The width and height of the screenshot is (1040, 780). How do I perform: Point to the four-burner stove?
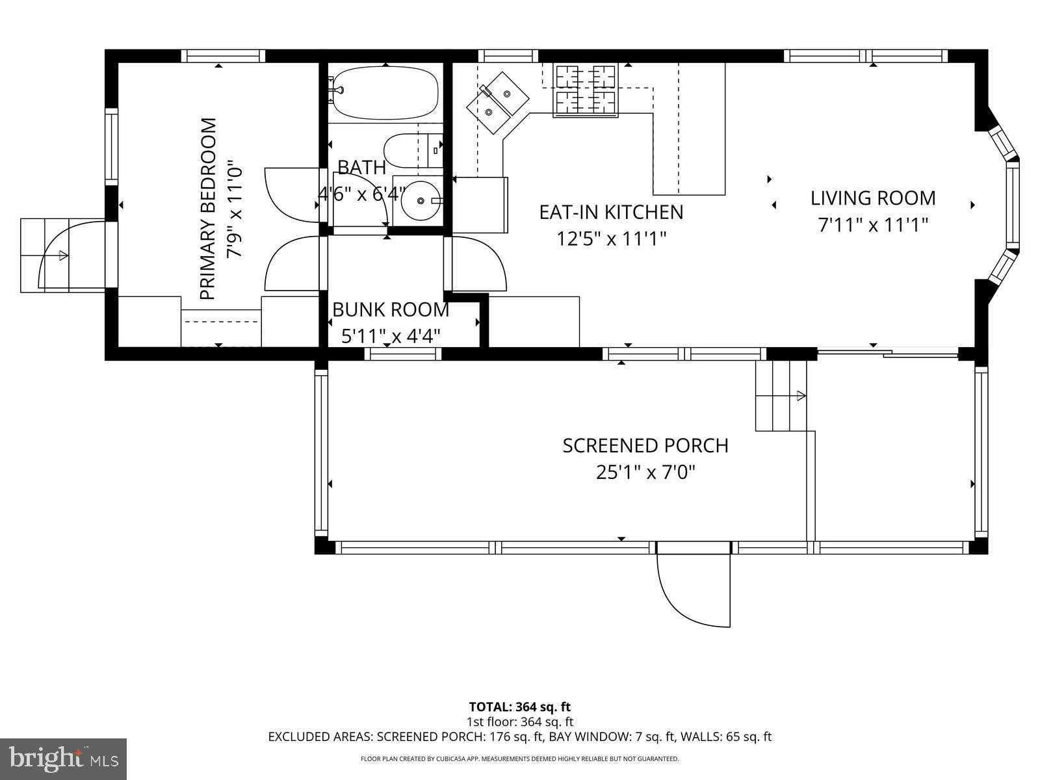point(585,90)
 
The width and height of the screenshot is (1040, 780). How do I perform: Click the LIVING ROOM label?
point(872,198)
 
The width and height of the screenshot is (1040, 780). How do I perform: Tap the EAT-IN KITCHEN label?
point(611,212)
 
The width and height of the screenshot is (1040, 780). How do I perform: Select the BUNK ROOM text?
point(391,309)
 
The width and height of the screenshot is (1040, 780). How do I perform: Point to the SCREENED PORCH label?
point(645,446)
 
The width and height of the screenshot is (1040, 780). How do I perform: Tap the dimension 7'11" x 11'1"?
point(872,225)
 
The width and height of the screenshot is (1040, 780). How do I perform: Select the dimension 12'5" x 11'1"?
point(611,239)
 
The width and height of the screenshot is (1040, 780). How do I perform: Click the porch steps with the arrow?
point(780,395)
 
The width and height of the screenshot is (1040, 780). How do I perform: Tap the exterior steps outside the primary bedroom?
point(45,255)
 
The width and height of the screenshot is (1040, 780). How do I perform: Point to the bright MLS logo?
point(64,759)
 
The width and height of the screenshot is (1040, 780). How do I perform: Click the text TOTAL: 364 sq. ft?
point(519,707)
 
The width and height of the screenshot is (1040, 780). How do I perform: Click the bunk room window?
point(402,354)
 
